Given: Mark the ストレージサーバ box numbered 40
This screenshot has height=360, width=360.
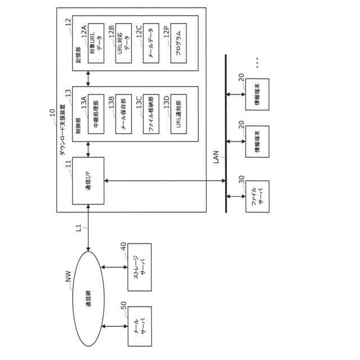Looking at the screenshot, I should pos(139,268).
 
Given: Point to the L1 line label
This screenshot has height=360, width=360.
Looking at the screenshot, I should pos(79,229).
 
